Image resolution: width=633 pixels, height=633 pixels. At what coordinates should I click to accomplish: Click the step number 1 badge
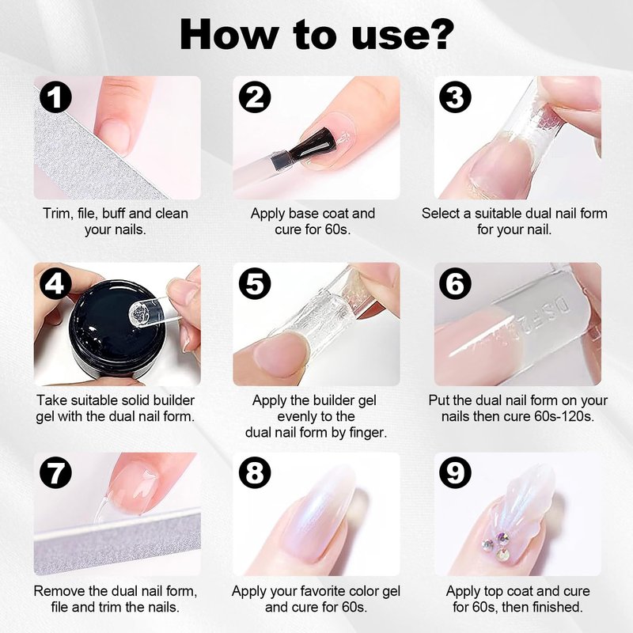click(55, 97)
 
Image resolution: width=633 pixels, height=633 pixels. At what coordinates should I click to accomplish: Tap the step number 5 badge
click(255, 284)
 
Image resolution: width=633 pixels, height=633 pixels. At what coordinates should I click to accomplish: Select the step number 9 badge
click(455, 472)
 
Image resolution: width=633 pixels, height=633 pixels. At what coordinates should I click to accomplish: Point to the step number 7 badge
click(55, 472)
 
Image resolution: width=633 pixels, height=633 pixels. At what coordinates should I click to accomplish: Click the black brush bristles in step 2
click(315, 143)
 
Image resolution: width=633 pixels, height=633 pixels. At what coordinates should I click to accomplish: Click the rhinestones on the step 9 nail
click(498, 546)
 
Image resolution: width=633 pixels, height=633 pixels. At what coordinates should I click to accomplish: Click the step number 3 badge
click(455, 97)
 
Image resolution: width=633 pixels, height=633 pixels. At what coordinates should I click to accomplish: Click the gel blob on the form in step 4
click(139, 313)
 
